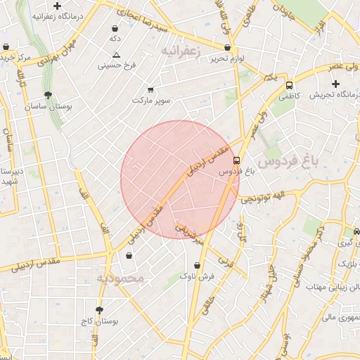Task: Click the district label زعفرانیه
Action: pos(182,51)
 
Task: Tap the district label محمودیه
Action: pos(120,278)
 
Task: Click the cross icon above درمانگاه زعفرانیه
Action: pos(58,6)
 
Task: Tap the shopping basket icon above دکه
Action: pos(115,29)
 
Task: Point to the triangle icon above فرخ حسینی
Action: pos(116,55)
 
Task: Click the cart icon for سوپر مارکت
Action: pos(150,90)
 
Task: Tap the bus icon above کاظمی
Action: pos(289,85)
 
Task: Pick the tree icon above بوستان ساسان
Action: pos(48,94)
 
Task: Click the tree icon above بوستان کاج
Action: pos(99,310)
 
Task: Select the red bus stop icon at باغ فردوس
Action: pos(237,160)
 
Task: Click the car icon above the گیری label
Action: pos(357,231)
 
